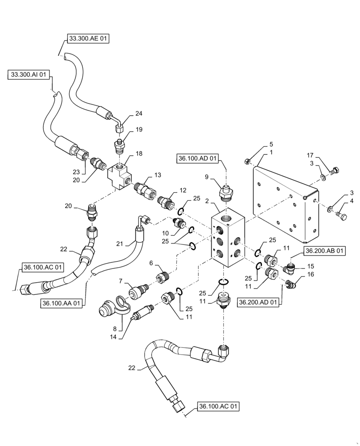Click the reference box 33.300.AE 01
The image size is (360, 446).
click(x=88, y=39)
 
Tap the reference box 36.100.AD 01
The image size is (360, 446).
click(x=199, y=158)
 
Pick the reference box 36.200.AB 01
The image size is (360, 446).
click(x=325, y=251)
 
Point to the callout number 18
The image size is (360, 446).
click(x=139, y=153)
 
